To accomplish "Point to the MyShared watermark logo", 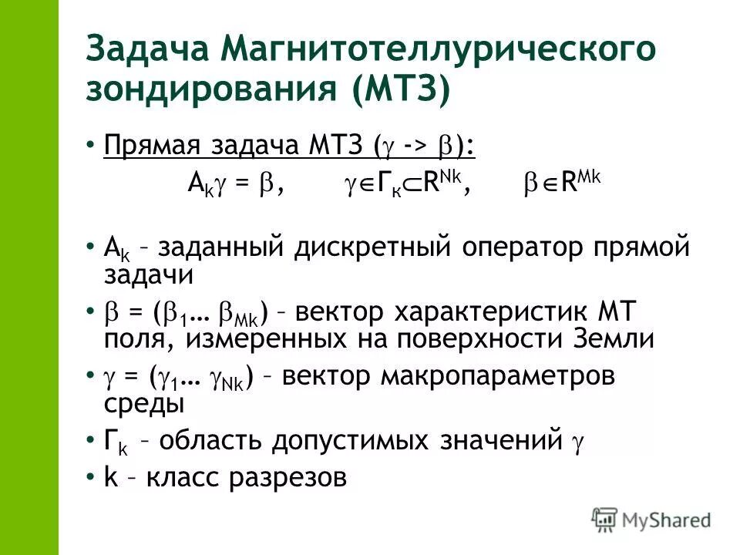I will click(x=651, y=518).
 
